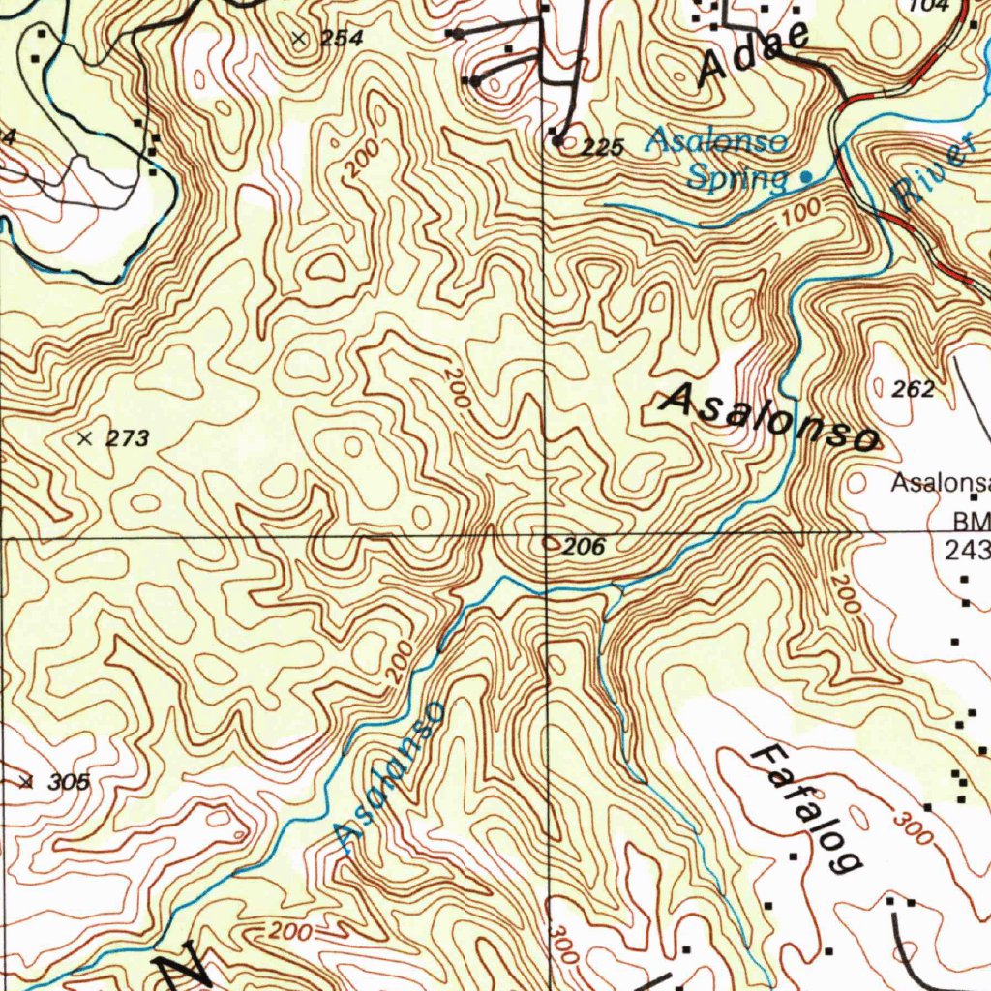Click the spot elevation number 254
[x=343, y=39]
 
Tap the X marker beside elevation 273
[x=85, y=438]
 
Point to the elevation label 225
[x=603, y=148]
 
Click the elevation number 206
[x=585, y=547]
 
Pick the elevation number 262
[x=913, y=389]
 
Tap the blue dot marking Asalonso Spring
[x=806, y=177]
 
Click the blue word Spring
[x=736, y=178]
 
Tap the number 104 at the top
[x=929, y=6]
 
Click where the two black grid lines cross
[x=545, y=534]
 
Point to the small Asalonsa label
[x=940, y=482]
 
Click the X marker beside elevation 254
[x=298, y=39]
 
